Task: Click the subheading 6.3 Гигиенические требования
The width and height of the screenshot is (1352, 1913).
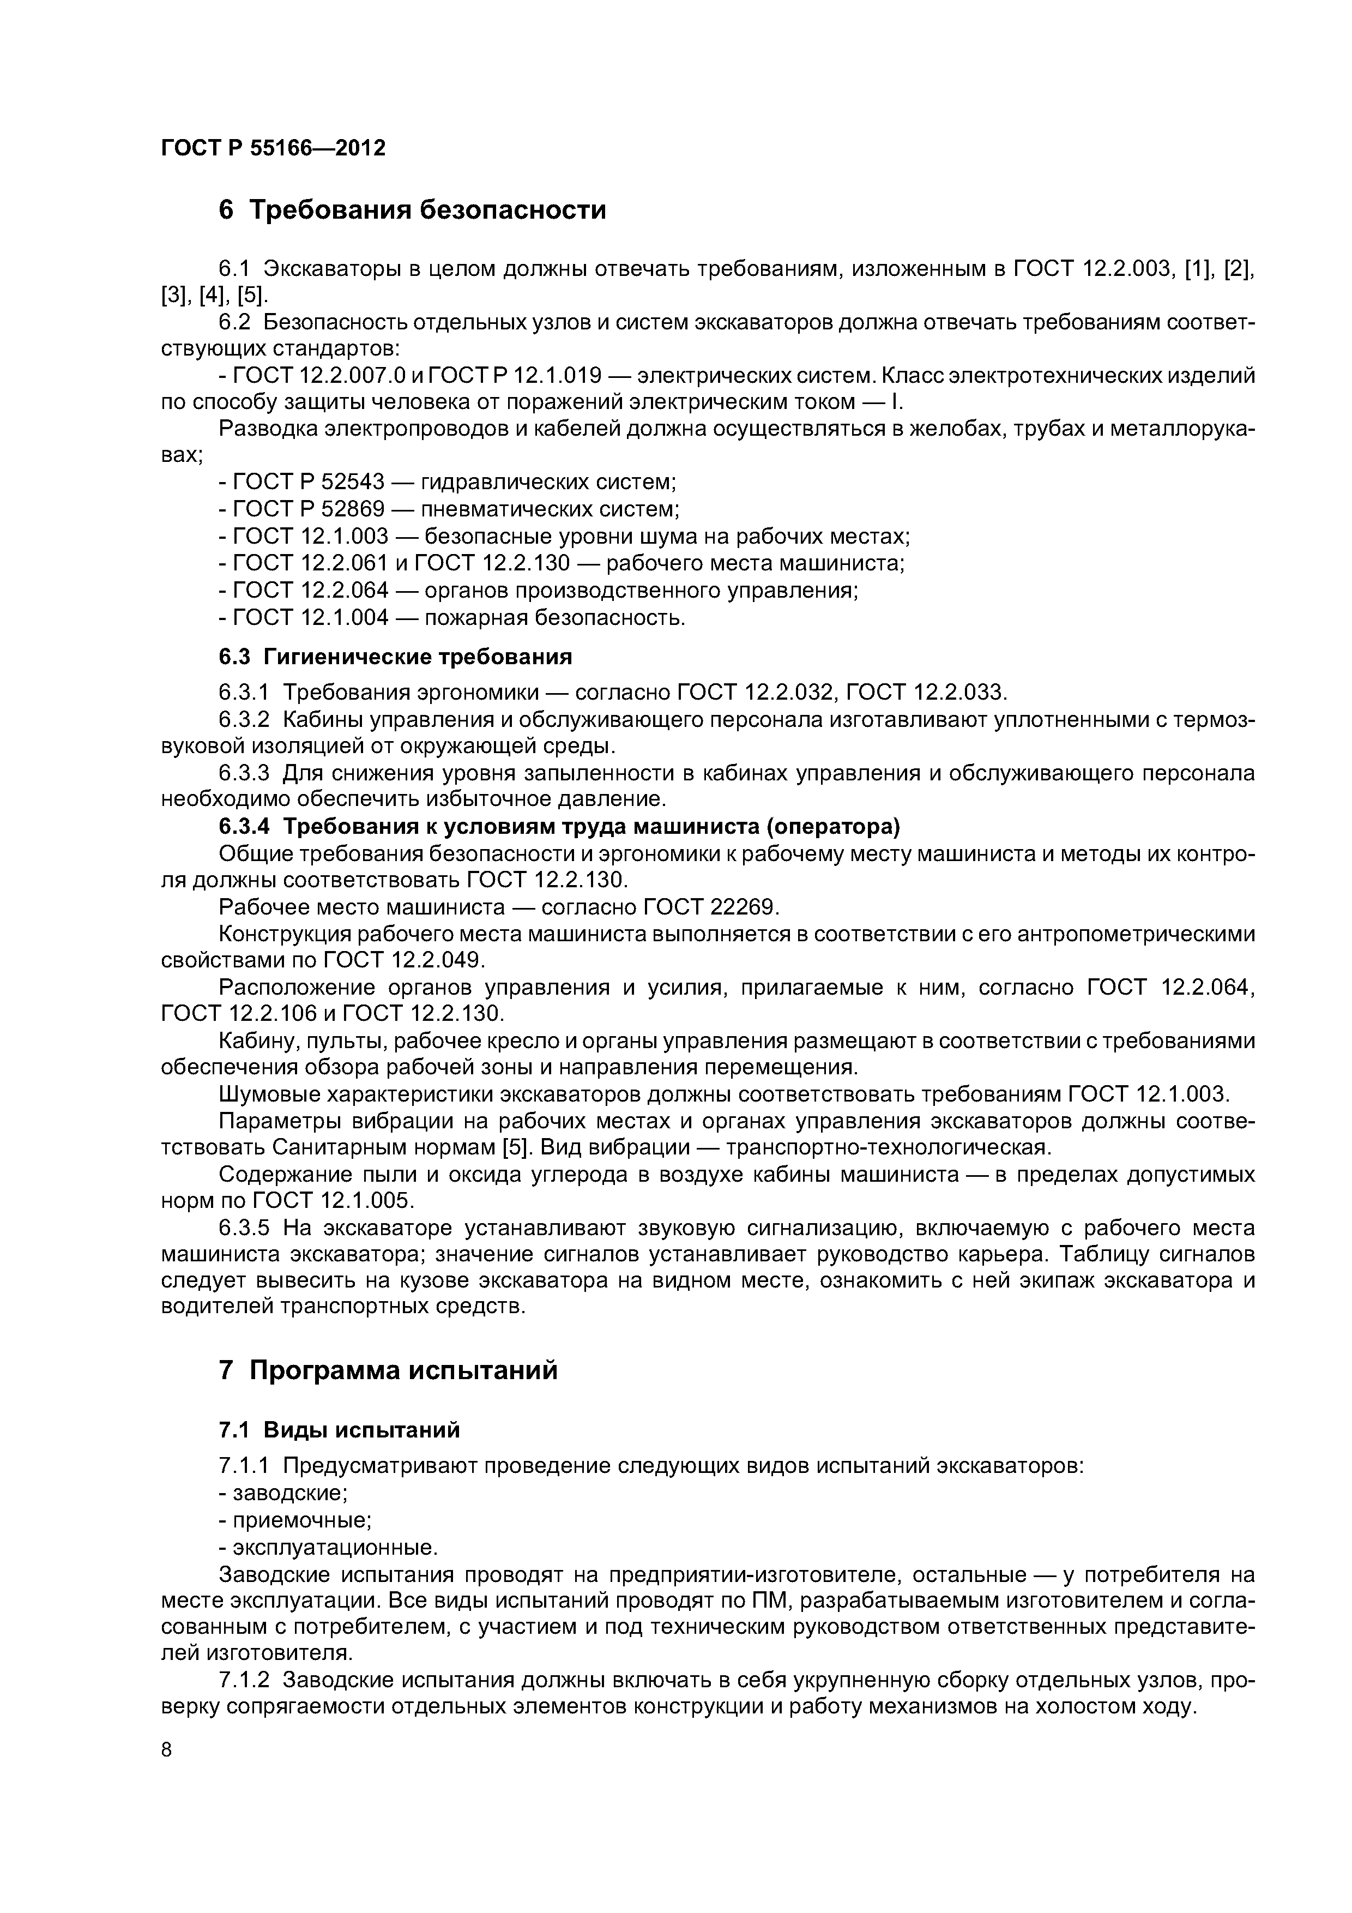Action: pyautogui.click(x=395, y=657)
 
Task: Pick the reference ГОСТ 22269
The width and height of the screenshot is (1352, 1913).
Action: pyautogui.click(x=726, y=906)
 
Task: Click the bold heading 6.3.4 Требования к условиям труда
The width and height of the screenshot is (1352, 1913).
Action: pyautogui.click(x=560, y=827)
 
